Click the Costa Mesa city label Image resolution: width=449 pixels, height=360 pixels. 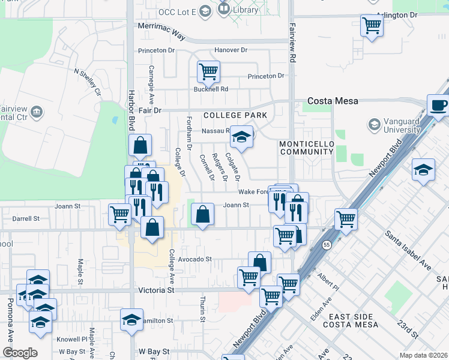click(x=333, y=101)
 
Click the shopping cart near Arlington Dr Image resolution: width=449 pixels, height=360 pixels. click(x=372, y=26)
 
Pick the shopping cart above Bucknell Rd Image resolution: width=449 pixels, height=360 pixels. click(x=208, y=72)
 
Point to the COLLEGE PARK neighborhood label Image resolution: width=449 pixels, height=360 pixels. click(x=235, y=115)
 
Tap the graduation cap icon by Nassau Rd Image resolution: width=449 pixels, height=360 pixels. click(x=241, y=137)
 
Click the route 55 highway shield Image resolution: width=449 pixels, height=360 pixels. click(x=327, y=245)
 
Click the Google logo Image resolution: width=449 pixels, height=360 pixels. click(x=19, y=353)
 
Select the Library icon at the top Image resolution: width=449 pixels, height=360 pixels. click(x=224, y=8)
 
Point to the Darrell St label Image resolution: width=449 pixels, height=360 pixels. click(x=26, y=219)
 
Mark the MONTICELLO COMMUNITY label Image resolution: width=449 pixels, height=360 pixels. click(x=306, y=148)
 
